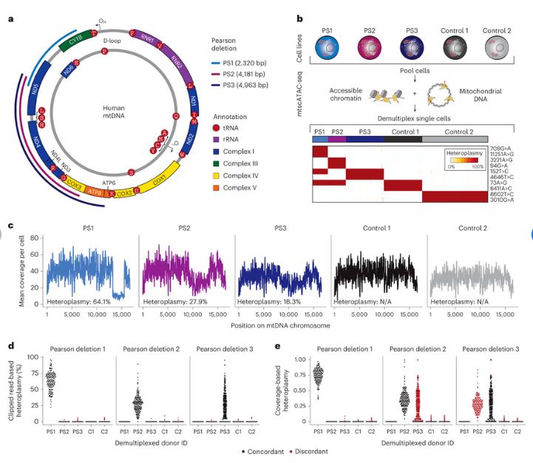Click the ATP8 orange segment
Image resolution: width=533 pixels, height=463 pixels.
point(94,192)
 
